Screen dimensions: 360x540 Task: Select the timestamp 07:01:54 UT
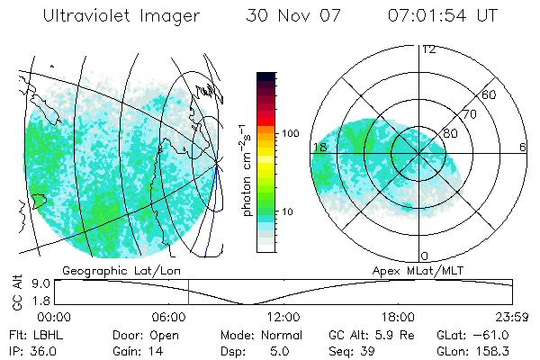[x=443, y=16]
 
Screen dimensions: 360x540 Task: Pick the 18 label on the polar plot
[x=319, y=146]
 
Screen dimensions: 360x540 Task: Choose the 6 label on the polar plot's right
[x=522, y=146]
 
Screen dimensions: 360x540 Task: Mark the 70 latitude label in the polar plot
[x=470, y=115]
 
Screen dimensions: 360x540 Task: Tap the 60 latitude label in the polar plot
[x=490, y=94]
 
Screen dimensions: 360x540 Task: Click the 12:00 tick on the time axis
[x=284, y=317]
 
